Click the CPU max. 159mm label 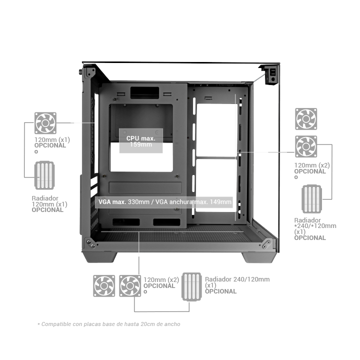pos(141,141)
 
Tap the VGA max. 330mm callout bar pos(164,202)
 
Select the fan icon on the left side pos(44,123)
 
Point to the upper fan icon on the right pos(305,119)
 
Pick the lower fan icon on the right pos(305,146)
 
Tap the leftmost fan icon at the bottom pos(103,286)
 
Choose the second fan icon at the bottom pos(130,286)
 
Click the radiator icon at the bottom pos(192,286)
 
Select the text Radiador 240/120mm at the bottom pos(237,279)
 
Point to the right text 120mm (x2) pos(311,165)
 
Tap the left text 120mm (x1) pos(52,139)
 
